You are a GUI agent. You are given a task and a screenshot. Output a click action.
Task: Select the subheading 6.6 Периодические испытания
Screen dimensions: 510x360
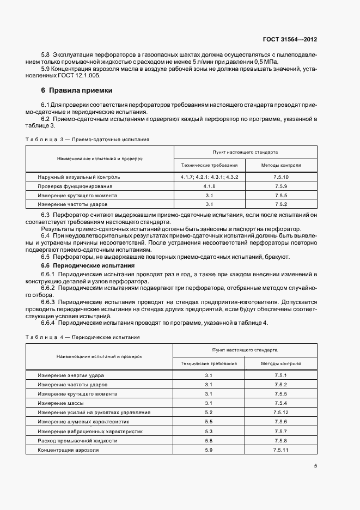(88, 265)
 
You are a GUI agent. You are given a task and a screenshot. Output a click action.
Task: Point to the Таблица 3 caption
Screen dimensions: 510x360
(87, 139)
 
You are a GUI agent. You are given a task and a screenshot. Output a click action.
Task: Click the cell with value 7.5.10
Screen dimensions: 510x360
(281, 177)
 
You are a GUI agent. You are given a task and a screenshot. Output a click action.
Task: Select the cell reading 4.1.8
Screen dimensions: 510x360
(209, 186)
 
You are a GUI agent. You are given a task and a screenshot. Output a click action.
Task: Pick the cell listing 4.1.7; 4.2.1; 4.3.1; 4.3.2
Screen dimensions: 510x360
(209, 177)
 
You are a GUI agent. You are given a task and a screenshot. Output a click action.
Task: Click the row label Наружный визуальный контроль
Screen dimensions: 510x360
(79, 177)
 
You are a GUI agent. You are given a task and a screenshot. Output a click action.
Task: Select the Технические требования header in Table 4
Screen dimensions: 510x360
(209, 363)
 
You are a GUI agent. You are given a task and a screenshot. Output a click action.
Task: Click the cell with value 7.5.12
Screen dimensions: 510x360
(281, 412)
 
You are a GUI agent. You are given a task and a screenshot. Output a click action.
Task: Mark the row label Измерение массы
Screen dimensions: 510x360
(61, 403)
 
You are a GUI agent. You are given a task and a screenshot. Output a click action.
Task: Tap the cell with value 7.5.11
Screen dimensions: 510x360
(281, 450)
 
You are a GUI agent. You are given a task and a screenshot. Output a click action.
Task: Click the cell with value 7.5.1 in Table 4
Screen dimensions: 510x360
(281, 375)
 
